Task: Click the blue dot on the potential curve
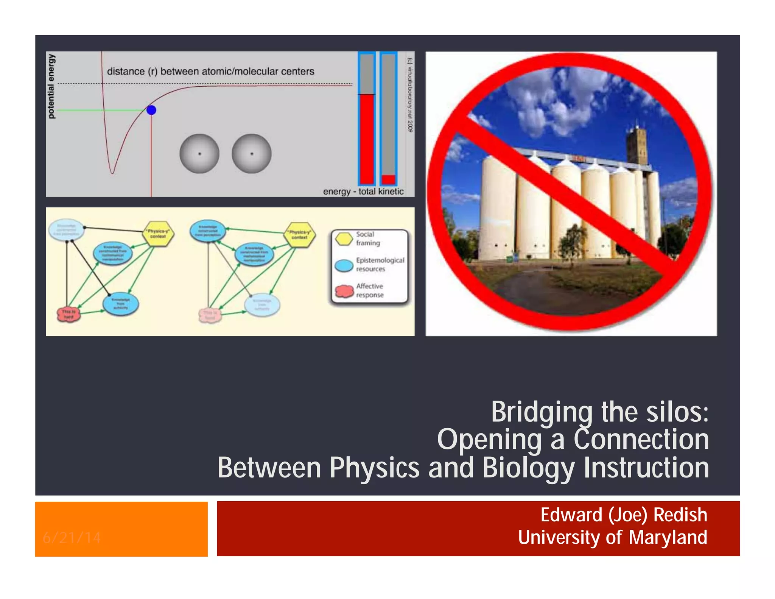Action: (151, 110)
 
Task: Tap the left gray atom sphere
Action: (199, 154)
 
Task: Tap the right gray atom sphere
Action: (252, 154)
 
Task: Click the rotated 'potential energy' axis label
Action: (51, 86)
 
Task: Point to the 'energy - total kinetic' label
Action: (363, 192)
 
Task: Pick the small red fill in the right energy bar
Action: (388, 179)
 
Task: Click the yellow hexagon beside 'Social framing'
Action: (344, 239)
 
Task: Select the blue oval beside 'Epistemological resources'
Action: (344, 265)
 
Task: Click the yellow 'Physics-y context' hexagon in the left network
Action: (158, 234)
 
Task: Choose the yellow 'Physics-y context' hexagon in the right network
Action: (299, 235)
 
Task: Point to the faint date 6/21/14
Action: (72, 538)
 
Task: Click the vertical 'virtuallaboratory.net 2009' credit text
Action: (410, 95)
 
